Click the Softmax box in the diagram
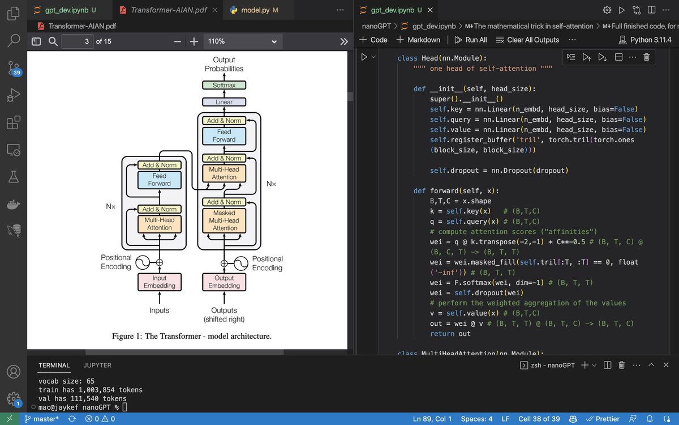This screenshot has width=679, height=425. pyautogui.click(x=224, y=85)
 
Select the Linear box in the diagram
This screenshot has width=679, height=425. pyautogui.click(x=224, y=102)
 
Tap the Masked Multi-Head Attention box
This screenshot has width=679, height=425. pyautogui.click(x=224, y=220)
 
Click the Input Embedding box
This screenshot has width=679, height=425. pyautogui.click(x=160, y=282)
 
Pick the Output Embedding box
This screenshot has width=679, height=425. pyautogui.click(x=224, y=282)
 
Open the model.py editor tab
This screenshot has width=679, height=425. pyautogui.click(x=255, y=10)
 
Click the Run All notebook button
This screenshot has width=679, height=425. pyautogui.click(x=471, y=40)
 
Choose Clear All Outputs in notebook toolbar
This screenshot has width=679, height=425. pyautogui.click(x=527, y=40)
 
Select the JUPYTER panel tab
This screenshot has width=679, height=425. pyautogui.click(x=97, y=365)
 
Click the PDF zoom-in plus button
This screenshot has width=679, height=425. pyautogui.click(x=194, y=41)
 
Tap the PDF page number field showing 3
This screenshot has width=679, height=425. pyautogui.click(x=78, y=41)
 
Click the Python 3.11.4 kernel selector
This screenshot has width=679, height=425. pyautogui.click(x=645, y=40)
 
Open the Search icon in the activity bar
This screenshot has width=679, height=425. pyautogui.click(x=14, y=40)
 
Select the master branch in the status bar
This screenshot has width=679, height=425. pyautogui.click(x=41, y=419)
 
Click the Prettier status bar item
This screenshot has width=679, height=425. pyautogui.click(x=603, y=419)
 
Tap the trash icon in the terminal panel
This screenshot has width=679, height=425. pyautogui.click(x=621, y=365)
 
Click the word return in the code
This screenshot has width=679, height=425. pyautogui.click(x=442, y=334)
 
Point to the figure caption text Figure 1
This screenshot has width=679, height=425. pyautogui.click(x=127, y=336)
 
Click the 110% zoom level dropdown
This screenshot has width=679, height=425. pyautogui.click(x=243, y=41)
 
